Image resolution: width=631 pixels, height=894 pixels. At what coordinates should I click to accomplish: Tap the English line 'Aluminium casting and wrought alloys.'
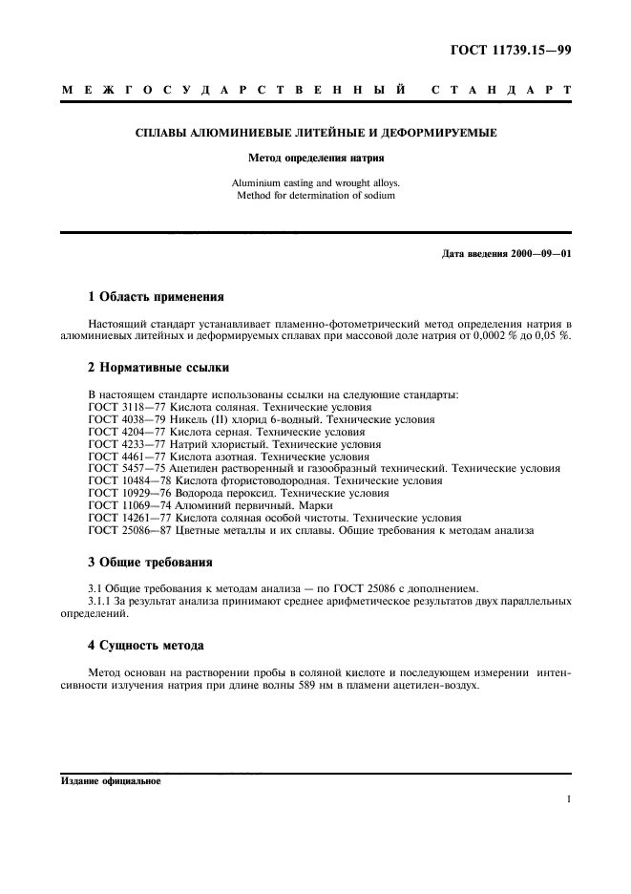click(315, 182)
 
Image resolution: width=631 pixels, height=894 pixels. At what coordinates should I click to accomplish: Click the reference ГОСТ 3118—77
click(127, 407)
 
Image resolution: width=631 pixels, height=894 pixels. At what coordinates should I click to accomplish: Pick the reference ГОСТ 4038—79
click(127, 419)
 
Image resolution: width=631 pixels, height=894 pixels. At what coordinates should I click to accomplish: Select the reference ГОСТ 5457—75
click(127, 469)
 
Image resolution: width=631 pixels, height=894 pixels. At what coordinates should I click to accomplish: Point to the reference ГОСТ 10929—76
click(131, 494)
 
